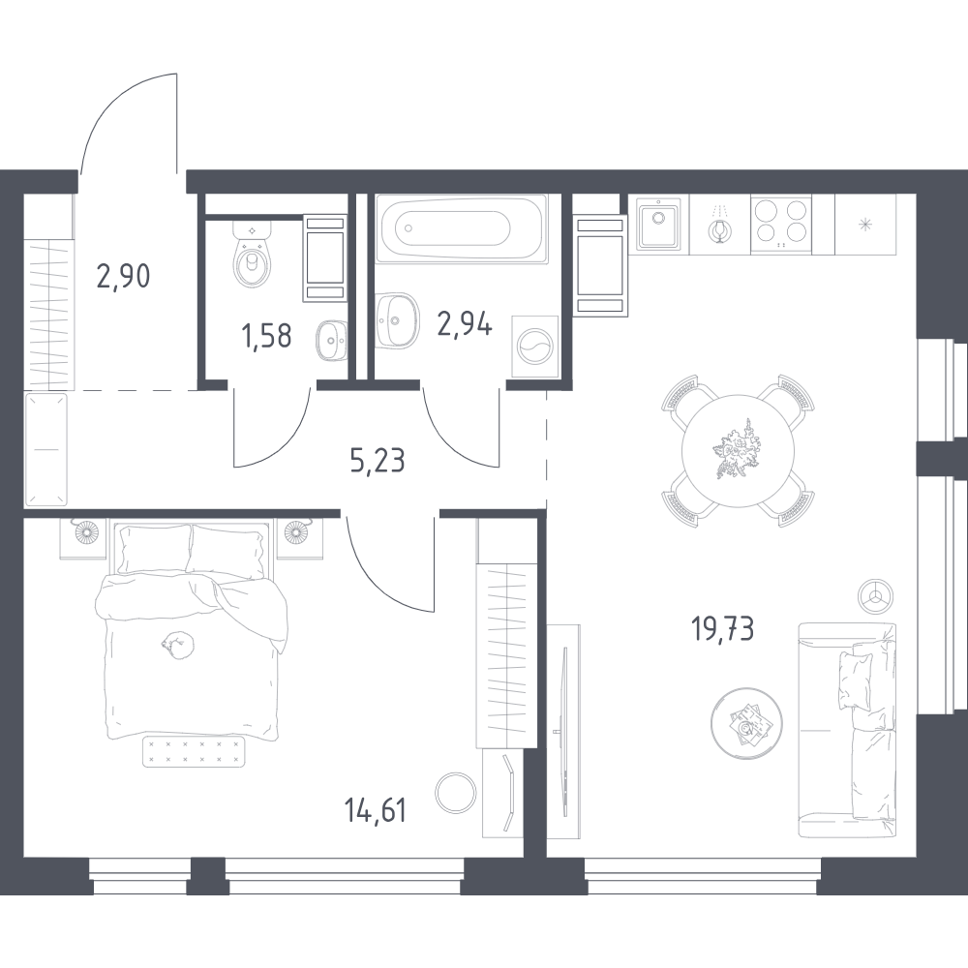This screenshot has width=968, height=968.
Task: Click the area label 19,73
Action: [722, 630]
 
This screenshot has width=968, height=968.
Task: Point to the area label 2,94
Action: [465, 322]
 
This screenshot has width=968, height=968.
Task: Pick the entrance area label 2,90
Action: [123, 277]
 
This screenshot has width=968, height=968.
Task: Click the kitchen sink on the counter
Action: [658, 226]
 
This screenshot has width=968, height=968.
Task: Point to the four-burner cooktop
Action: [781, 224]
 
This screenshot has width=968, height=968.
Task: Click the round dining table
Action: [739, 449]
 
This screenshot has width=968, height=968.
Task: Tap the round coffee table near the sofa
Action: [744, 721]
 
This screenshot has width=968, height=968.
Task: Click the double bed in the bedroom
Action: [191, 629]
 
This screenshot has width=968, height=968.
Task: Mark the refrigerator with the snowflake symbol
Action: [865, 225]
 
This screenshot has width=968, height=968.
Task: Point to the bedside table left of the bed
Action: [83, 535]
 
